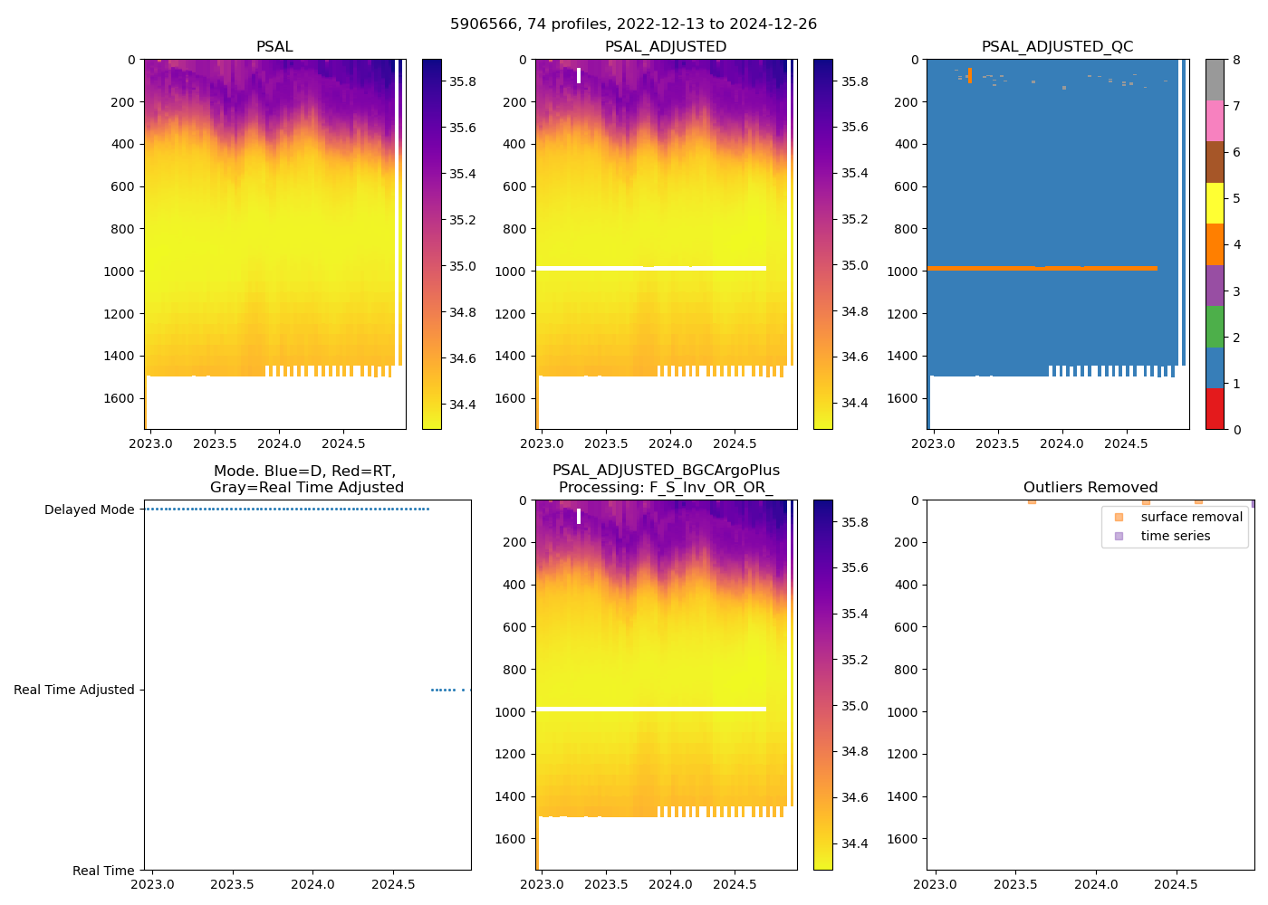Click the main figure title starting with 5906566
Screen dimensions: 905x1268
pyautogui.click(x=633, y=24)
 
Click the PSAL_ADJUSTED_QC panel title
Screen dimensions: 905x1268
pyautogui.click(x=1057, y=47)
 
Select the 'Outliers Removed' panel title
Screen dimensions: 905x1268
pyautogui.click(x=1090, y=488)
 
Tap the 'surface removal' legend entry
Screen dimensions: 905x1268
pyautogui.click(x=1191, y=517)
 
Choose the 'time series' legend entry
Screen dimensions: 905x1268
pyautogui.click(x=1175, y=536)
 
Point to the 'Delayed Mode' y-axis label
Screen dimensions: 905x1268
pyautogui.click(x=89, y=510)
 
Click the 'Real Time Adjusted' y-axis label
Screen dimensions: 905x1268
pyautogui.click(x=73, y=690)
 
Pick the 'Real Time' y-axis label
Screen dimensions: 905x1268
pyautogui.click(x=103, y=871)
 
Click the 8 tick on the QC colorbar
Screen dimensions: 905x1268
pyautogui.click(x=1236, y=60)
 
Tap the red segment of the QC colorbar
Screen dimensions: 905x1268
pyautogui.click(x=1215, y=408)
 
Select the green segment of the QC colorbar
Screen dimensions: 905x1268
pyautogui.click(x=1215, y=326)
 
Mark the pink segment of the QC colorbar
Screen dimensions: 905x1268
pyautogui.click(x=1215, y=120)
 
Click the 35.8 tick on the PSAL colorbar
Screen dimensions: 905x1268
pyautogui.click(x=463, y=81)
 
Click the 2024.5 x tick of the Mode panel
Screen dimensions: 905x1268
pyautogui.click(x=393, y=883)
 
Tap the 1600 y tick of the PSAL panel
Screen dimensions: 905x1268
pyautogui.click(x=119, y=398)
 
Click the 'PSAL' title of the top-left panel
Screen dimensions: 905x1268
pyautogui.click(x=274, y=47)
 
